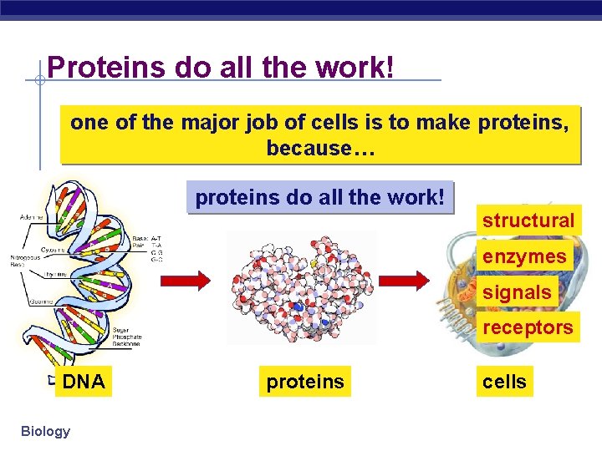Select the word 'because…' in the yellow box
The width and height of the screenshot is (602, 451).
point(321,149)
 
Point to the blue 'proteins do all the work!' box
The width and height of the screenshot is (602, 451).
point(319,198)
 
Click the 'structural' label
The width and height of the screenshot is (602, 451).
point(528,221)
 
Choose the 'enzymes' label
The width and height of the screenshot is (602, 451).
point(524,256)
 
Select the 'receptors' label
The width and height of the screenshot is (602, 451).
point(528,327)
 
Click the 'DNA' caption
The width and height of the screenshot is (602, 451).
point(84,382)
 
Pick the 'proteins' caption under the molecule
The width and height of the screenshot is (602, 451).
point(304,382)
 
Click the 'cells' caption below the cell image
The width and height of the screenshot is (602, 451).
point(504,382)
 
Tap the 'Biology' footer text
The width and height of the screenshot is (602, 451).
point(45,431)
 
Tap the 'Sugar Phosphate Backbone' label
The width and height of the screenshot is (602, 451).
point(127,337)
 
